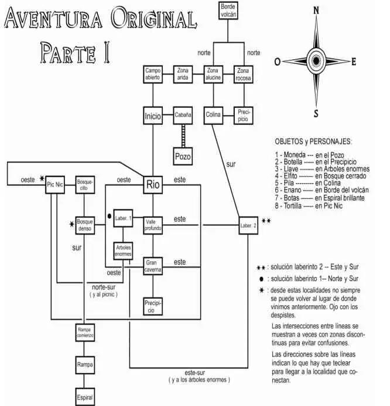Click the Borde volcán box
click(229, 9)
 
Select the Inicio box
click(153, 116)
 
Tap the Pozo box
click(183, 157)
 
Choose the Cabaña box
click(183, 116)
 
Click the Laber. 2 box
click(248, 225)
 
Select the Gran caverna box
click(153, 266)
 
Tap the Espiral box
click(84, 397)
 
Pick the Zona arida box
click(183, 75)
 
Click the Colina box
click(213, 114)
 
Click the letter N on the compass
click(316, 9)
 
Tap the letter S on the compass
click(316, 114)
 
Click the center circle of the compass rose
click(316, 60)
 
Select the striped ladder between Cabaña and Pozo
click(183, 134)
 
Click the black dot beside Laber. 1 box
click(110, 216)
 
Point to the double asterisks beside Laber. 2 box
click(266, 221)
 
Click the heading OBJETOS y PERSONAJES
click(313, 142)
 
